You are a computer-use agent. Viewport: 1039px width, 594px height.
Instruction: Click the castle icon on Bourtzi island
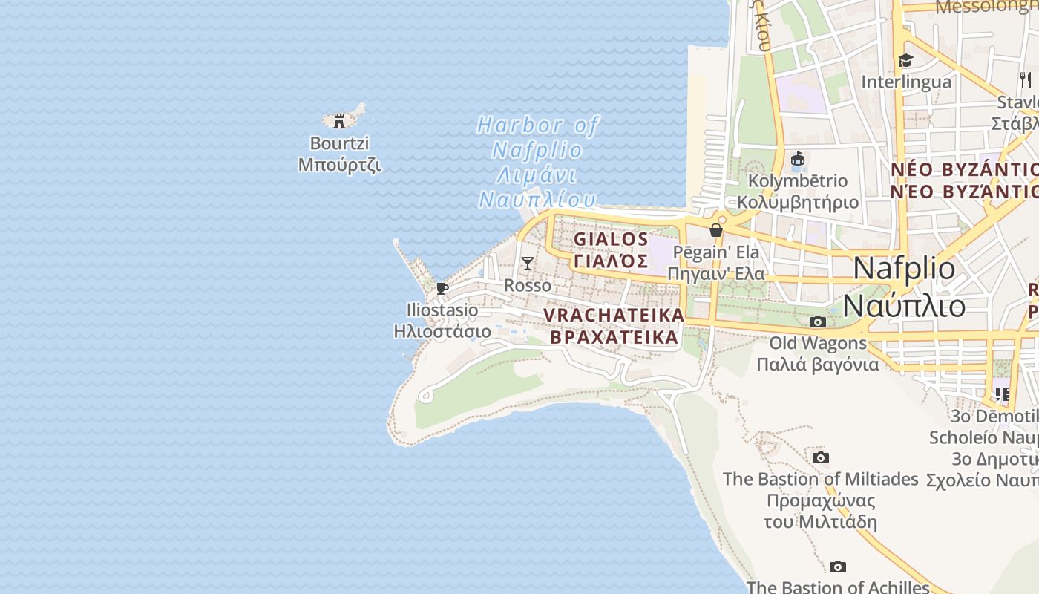[x=339, y=121]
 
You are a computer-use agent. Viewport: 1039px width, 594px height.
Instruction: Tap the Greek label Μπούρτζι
[x=339, y=164]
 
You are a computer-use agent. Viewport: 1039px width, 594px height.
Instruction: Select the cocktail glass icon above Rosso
[x=527, y=263]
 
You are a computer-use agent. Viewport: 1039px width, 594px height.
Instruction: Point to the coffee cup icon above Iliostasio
[x=442, y=288]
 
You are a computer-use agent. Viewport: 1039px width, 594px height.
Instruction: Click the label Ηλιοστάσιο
[x=442, y=330]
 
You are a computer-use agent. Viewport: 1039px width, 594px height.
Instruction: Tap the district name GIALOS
[x=611, y=239]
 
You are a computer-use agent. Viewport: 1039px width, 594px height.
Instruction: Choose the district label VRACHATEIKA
[x=614, y=315]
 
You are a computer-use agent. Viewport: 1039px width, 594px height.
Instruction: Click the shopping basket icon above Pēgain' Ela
[x=716, y=230]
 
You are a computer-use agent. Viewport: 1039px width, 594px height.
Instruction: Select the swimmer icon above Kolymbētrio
[x=799, y=159]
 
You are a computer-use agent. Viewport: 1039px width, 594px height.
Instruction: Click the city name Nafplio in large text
[x=904, y=268]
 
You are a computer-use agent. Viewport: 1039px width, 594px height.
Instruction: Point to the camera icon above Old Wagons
[x=818, y=322]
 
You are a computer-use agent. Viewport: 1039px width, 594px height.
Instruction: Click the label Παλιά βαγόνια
[x=818, y=364]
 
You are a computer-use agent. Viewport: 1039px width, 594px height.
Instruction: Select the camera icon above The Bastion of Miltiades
[x=820, y=457]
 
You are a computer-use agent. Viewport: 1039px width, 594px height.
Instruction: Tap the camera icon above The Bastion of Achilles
[x=838, y=567]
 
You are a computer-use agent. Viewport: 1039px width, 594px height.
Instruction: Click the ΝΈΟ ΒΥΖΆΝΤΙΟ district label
[x=965, y=191]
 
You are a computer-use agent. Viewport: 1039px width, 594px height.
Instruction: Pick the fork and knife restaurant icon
[x=1025, y=79]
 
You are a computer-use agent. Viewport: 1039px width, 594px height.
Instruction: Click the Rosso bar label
[x=528, y=285]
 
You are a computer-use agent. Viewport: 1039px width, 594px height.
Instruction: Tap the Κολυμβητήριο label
[x=798, y=202]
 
